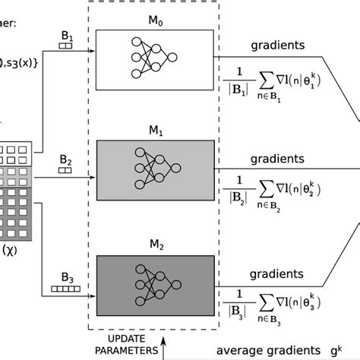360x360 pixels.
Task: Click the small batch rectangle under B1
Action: [65, 45]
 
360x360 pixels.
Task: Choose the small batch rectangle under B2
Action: [65, 171]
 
